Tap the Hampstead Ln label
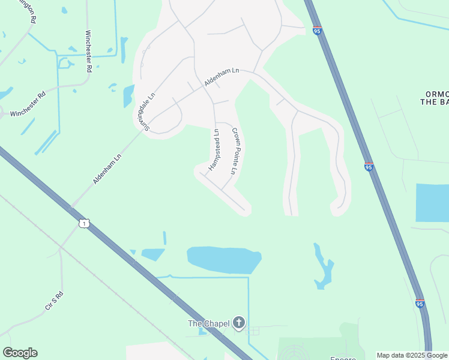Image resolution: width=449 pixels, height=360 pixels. [x=214, y=149]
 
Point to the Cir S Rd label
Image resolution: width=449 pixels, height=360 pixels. [x=54, y=301]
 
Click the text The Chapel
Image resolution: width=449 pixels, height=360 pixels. [x=209, y=323]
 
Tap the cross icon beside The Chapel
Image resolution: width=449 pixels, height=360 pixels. [x=238, y=323]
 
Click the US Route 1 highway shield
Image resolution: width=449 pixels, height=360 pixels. [x=83, y=223]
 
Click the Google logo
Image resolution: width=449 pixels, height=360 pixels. [x=20, y=353]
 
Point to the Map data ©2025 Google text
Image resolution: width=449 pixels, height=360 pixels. [x=412, y=355]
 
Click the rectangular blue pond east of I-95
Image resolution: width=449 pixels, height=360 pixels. [x=432, y=203]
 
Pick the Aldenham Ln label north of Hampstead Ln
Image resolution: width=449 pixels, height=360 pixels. [x=221, y=76]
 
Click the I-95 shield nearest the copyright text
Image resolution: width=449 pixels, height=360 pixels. [x=420, y=304]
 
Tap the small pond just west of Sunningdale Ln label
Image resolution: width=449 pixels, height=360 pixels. [x=128, y=95]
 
